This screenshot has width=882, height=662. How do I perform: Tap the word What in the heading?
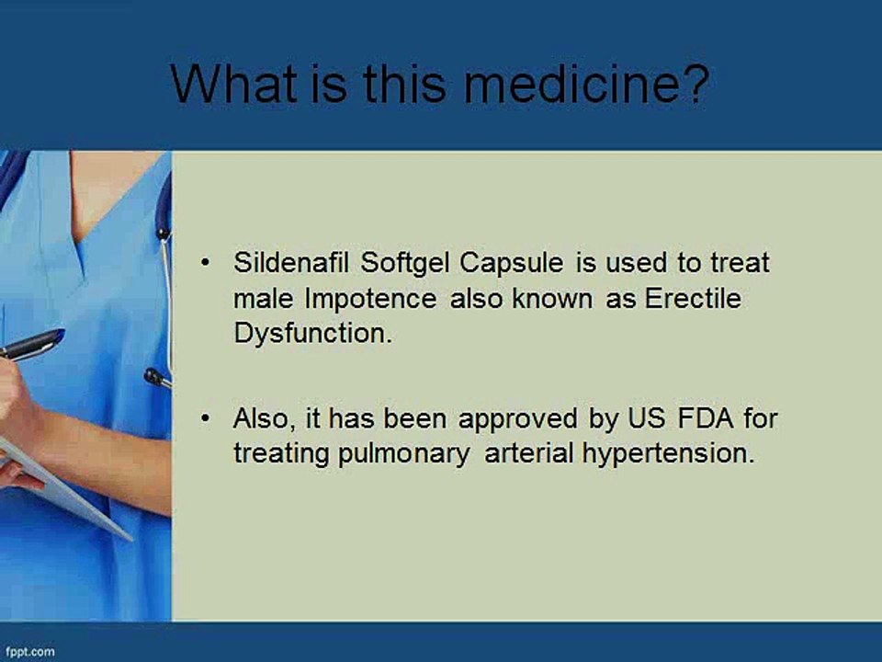pyautogui.click(x=233, y=85)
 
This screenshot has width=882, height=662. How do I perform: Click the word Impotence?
pyautogui.click(x=371, y=300)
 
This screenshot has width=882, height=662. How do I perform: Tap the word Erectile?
pyautogui.click(x=695, y=299)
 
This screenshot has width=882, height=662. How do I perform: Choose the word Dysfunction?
pyautogui.click(x=312, y=334)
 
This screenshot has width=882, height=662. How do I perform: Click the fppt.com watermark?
pyautogui.click(x=28, y=652)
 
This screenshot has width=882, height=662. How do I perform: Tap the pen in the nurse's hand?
pyautogui.click(x=31, y=345)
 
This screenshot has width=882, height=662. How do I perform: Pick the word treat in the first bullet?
pyautogui.click(x=739, y=263)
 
